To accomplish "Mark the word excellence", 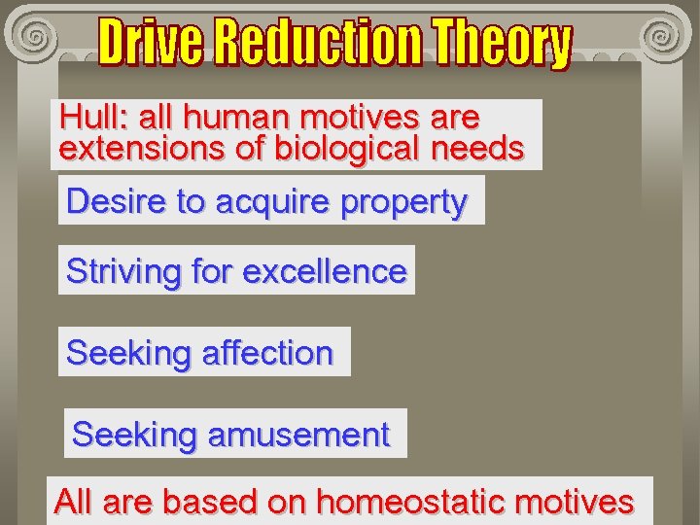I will (x=324, y=271).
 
